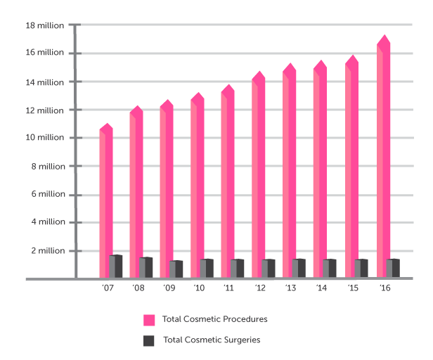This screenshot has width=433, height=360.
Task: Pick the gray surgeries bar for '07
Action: click(x=117, y=266)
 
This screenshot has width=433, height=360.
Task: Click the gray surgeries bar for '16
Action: click(x=394, y=269)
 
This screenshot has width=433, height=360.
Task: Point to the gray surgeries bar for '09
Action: click(x=177, y=269)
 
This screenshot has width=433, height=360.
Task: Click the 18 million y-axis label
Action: click(x=44, y=26)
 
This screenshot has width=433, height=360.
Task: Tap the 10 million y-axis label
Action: click(x=44, y=138)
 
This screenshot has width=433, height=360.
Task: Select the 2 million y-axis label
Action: click(x=47, y=250)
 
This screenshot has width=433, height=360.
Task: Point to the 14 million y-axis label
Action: click(x=44, y=82)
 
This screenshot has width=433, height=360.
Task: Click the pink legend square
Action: click(x=149, y=320)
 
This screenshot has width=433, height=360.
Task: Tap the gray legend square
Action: click(x=149, y=341)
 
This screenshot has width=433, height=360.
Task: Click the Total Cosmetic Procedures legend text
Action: click(x=214, y=319)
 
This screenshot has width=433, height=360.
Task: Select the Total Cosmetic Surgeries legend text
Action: click(x=212, y=340)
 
